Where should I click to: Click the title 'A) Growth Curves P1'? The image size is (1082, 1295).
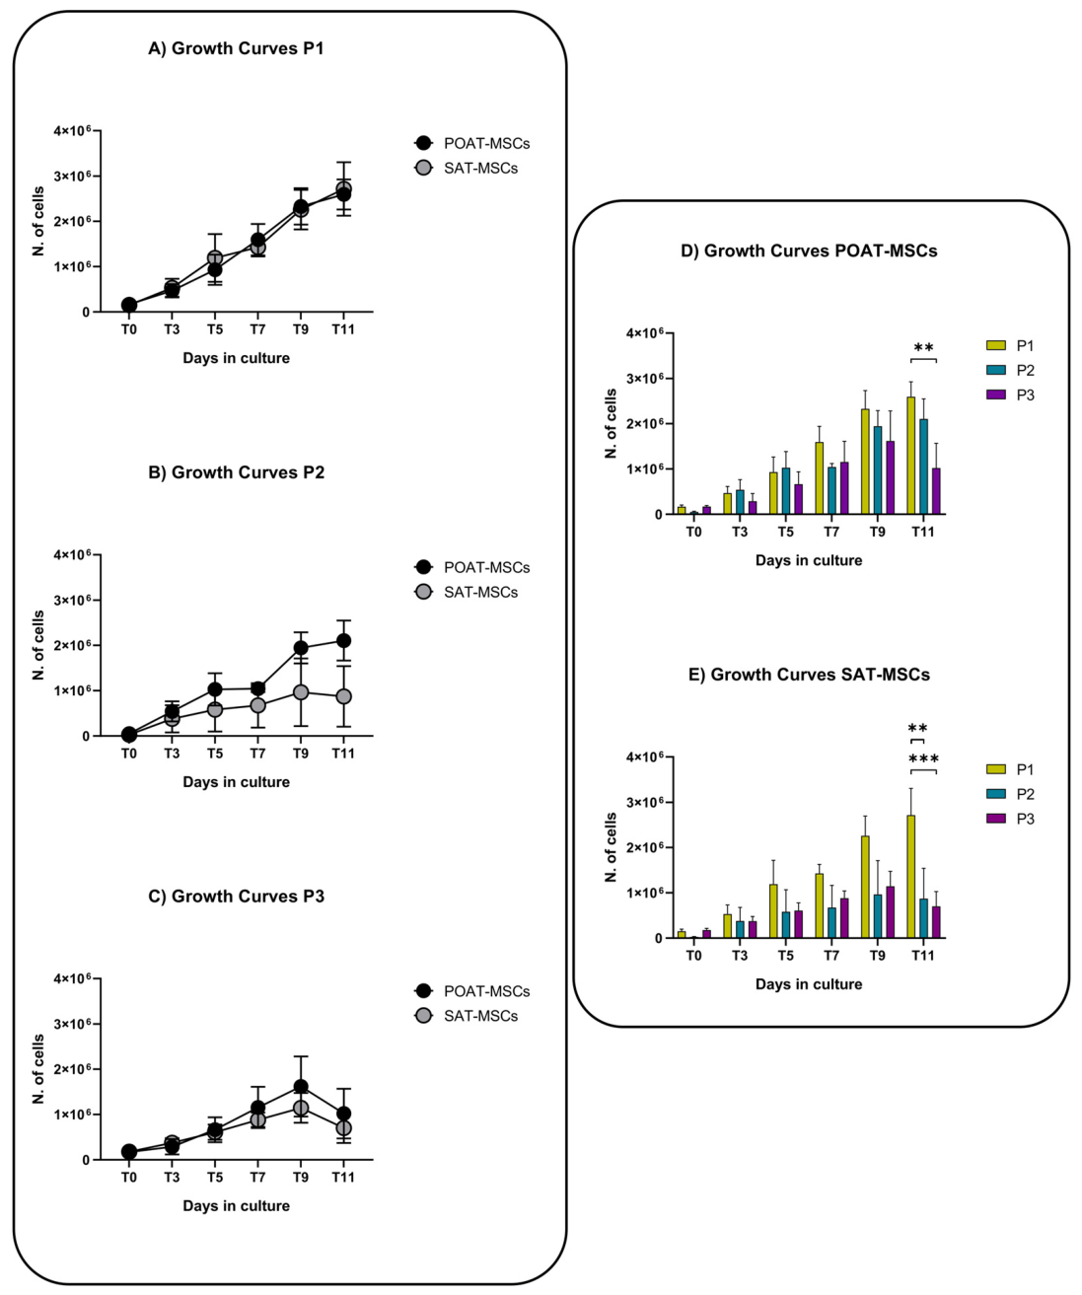[236, 48]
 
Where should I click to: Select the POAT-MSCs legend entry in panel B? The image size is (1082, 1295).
[472, 567]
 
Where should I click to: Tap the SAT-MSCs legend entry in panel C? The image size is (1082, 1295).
[466, 1016]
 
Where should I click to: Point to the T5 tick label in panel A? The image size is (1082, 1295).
[215, 328]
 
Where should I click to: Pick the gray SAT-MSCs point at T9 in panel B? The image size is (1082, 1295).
[300, 692]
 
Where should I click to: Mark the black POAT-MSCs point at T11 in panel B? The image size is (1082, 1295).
[343, 640]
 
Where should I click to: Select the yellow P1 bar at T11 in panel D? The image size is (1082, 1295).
[910, 456]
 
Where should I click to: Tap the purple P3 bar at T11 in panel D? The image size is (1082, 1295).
[936, 491]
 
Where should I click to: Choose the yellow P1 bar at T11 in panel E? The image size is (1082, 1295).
[910, 877]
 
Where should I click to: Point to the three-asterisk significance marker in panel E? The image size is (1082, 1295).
[923, 759]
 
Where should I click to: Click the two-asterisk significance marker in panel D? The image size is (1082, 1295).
[923, 347]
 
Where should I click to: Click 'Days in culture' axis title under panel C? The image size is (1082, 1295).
[236, 1205]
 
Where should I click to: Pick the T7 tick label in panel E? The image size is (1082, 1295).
[831, 956]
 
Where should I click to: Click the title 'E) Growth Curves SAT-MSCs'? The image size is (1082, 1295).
[809, 675]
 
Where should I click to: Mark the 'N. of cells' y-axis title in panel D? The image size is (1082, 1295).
[612, 423]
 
